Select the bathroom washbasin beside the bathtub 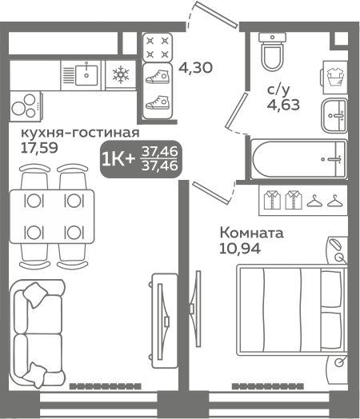click(x=334, y=115)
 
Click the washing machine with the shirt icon click(x=334, y=78)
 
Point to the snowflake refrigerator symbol click(x=121, y=75)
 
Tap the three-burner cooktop click(x=26, y=106)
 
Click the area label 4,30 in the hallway click(x=195, y=67)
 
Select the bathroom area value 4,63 click(x=283, y=105)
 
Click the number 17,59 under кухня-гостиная click(x=39, y=147)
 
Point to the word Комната click(x=251, y=233)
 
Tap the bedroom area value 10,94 click(x=240, y=249)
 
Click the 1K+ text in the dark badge click(x=118, y=159)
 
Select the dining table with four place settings click(x=52, y=217)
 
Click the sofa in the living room click(x=38, y=333)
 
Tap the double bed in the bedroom click(x=292, y=310)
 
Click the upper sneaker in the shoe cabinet click(x=158, y=77)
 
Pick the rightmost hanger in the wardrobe click(x=335, y=201)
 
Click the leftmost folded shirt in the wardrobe click(x=272, y=200)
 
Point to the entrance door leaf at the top click(x=217, y=14)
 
